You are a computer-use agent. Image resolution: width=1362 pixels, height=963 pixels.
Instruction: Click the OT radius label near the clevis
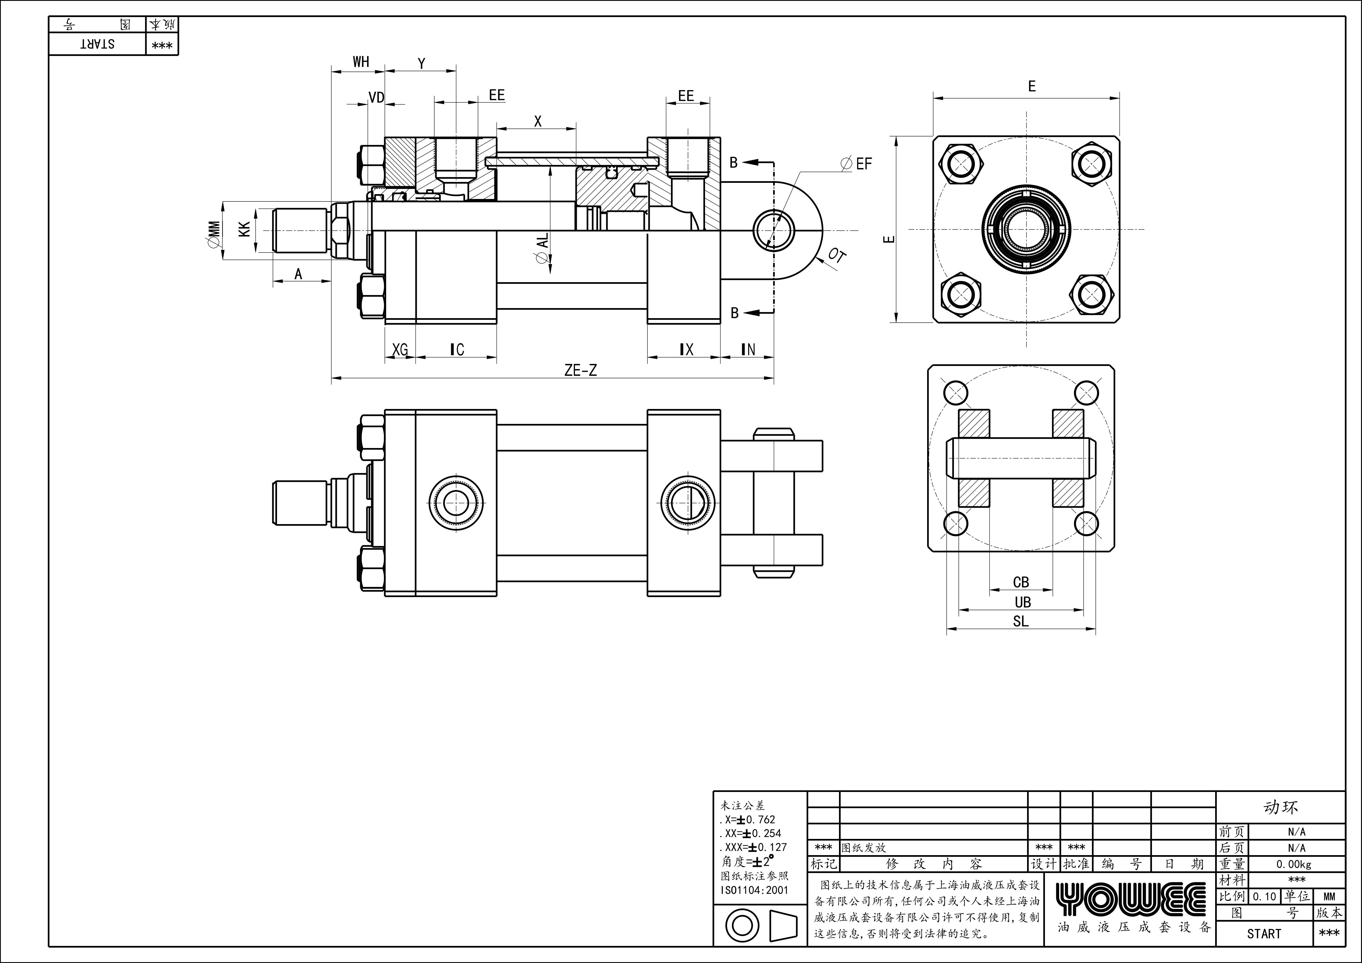[x=837, y=256]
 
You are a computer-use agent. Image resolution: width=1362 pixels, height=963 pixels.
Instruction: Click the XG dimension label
[x=400, y=350]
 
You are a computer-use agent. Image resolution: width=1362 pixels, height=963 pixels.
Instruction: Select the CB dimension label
[x=1021, y=582]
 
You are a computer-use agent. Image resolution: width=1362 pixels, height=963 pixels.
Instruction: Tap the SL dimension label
[x=1020, y=622]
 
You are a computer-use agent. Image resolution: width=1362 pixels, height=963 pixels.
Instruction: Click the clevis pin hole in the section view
[x=774, y=230]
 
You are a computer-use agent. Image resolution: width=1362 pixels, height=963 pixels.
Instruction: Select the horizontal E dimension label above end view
[x=1031, y=86]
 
